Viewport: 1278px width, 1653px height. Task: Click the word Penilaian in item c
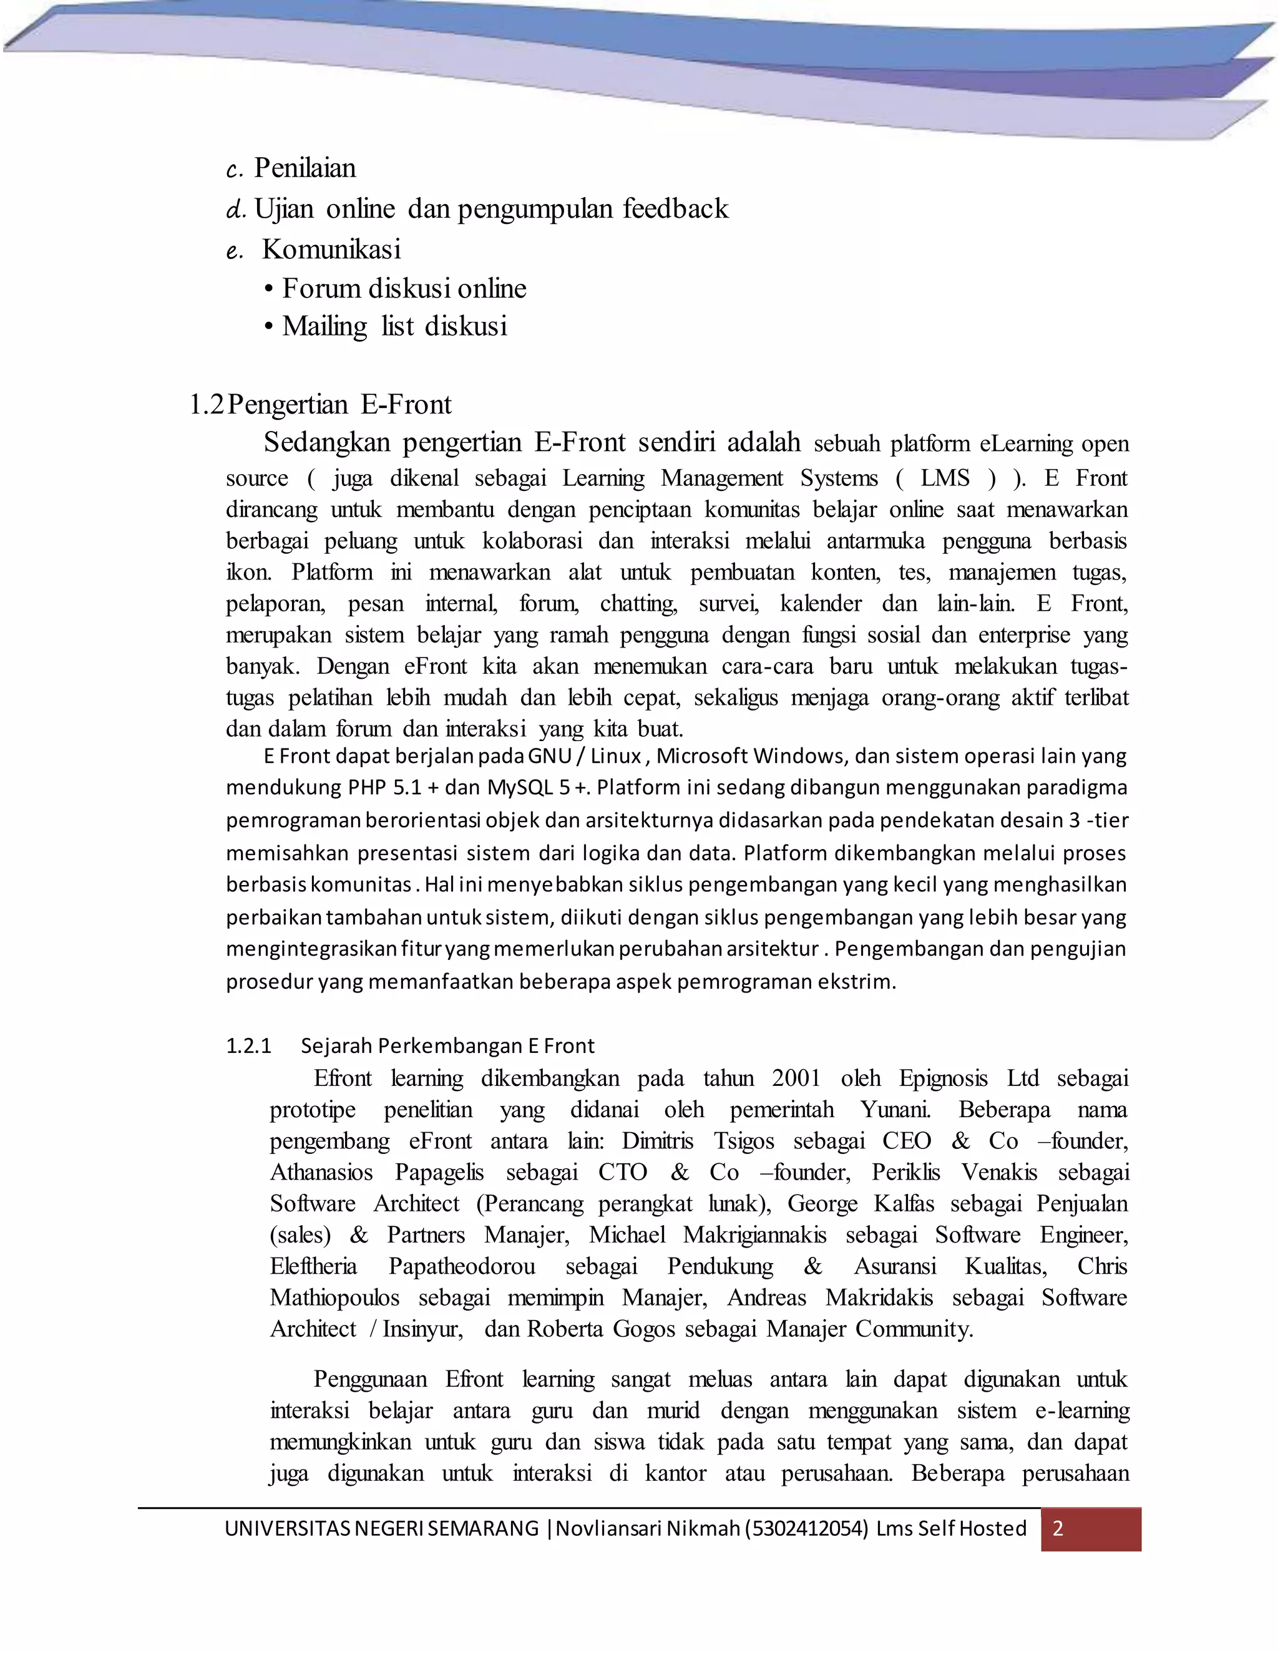(305, 168)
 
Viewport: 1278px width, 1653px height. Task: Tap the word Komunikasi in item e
(331, 249)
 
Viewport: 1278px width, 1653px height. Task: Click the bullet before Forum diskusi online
(269, 289)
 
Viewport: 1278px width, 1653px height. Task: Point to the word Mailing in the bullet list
(324, 326)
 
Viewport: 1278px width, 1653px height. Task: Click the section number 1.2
(206, 405)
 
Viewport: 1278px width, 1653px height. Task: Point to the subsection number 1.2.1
(248, 1046)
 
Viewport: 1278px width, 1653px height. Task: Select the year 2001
(796, 1079)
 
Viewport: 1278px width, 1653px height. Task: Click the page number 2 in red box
(1058, 1528)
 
